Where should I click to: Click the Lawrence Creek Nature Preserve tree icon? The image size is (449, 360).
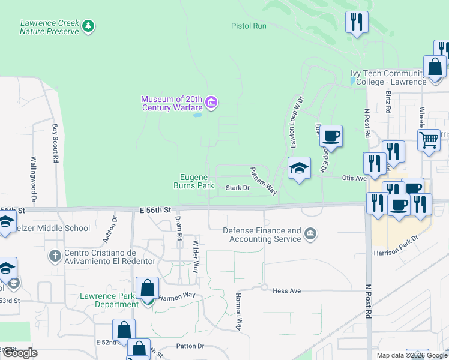click(x=89, y=26)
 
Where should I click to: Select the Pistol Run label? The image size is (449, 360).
click(x=249, y=26)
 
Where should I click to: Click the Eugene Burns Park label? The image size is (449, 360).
click(x=197, y=181)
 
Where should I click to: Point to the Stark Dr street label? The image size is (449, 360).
click(x=237, y=188)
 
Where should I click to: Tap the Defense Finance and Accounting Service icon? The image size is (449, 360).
click(x=310, y=234)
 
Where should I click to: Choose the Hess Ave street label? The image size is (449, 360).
click(x=286, y=290)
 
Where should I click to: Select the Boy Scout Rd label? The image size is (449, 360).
click(x=55, y=143)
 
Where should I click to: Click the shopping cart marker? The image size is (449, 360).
click(x=429, y=140)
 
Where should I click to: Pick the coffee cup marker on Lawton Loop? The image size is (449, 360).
click(x=330, y=136)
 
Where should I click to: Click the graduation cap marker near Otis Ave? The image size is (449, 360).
click(x=299, y=167)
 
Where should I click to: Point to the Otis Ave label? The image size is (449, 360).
click(x=354, y=178)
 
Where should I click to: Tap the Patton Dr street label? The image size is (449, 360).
click(x=190, y=346)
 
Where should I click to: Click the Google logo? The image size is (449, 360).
click(x=20, y=353)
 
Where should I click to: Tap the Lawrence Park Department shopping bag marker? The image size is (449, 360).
click(x=147, y=289)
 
